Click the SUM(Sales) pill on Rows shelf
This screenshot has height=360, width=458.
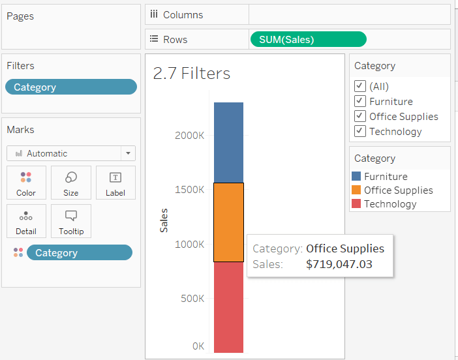click(308, 39)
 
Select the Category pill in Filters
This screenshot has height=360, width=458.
click(71, 87)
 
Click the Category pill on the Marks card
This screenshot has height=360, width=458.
click(79, 253)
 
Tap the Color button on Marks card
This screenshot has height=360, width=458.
click(26, 183)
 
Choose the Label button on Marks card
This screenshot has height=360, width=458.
click(115, 183)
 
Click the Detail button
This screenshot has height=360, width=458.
click(26, 222)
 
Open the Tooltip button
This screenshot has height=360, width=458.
click(71, 222)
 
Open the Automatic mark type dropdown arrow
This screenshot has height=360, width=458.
click(128, 154)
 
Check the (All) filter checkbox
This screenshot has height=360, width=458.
click(359, 86)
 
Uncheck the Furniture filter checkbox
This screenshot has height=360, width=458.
click(359, 101)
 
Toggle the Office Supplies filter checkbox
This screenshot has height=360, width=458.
click(359, 116)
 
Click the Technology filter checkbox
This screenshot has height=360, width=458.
click(359, 131)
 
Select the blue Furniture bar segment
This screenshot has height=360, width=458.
click(228, 142)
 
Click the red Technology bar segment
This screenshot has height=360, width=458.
click(228, 307)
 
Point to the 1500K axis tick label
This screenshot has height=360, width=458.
click(190, 189)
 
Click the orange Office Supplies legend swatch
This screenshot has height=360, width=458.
click(356, 190)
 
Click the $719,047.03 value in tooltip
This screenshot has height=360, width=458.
click(339, 264)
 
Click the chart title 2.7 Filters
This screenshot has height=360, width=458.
click(192, 73)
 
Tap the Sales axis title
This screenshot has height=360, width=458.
click(164, 220)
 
